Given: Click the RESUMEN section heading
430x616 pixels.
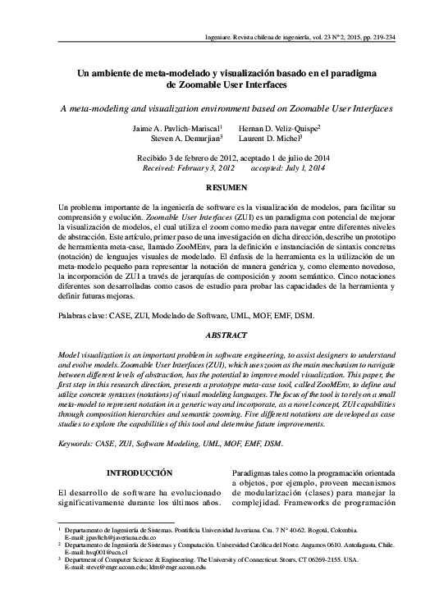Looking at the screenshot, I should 214,189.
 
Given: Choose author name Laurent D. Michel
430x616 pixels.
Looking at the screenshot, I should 272,139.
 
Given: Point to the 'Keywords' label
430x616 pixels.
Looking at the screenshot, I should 75,444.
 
